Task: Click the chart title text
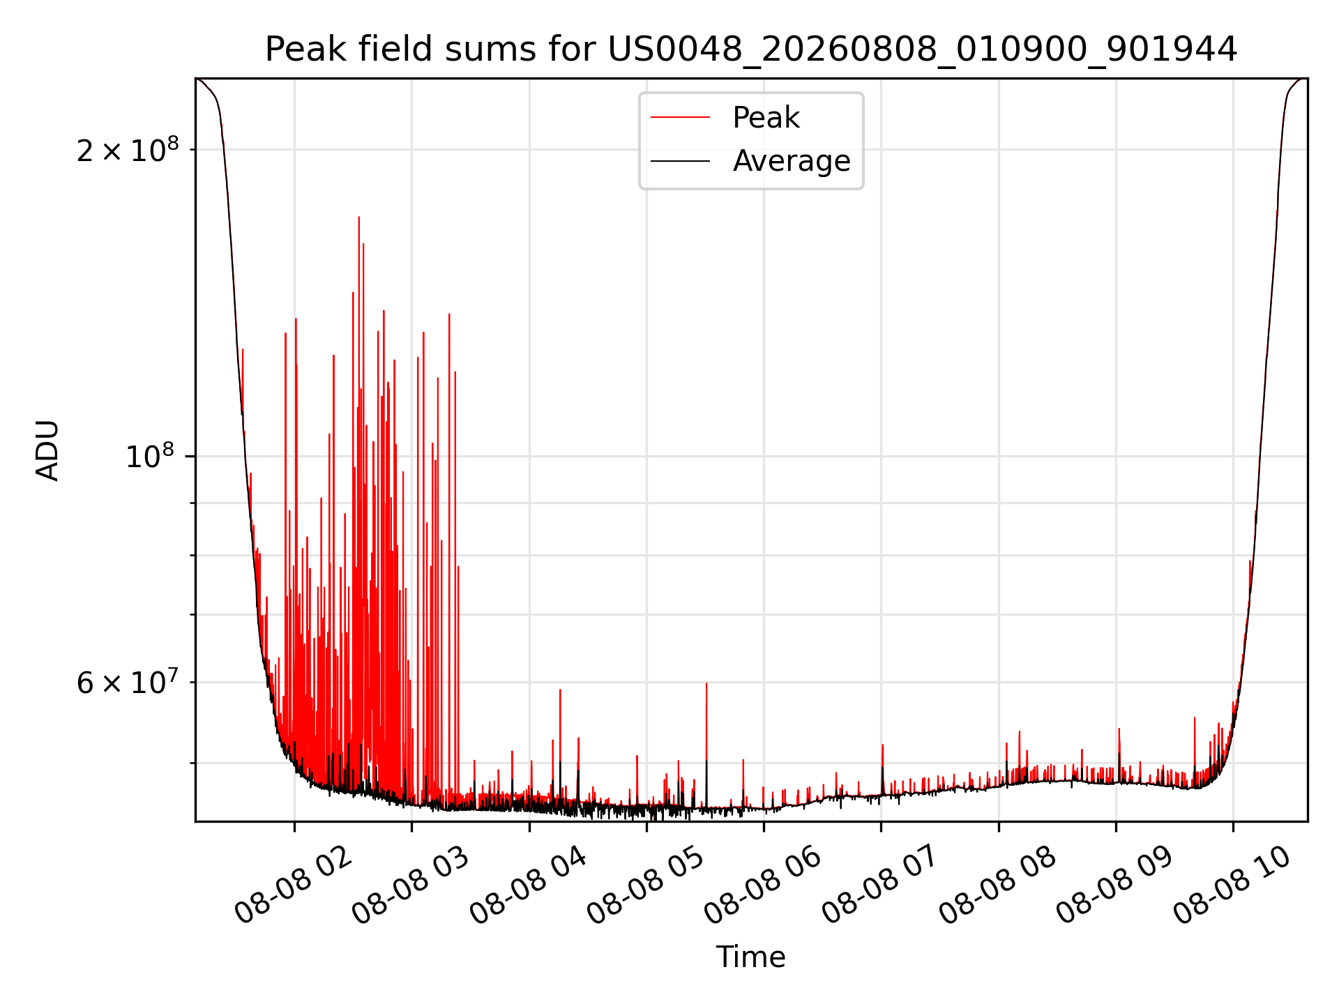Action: click(x=751, y=50)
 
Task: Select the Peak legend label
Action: click(x=766, y=118)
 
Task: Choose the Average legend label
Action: click(x=792, y=161)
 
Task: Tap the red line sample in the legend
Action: click(x=680, y=118)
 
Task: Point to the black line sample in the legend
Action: click(x=680, y=161)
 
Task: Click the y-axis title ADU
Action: click(x=47, y=450)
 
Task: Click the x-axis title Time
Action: click(x=751, y=957)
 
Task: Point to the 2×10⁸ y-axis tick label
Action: click(x=128, y=150)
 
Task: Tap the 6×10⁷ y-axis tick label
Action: click(x=128, y=683)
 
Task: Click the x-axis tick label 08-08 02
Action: click(x=294, y=885)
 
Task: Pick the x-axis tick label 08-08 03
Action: click(x=411, y=885)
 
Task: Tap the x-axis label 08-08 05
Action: click(x=646, y=885)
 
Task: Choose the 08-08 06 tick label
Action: click(x=764, y=885)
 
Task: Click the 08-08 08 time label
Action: click(x=999, y=885)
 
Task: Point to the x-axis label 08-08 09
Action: click(x=1116, y=885)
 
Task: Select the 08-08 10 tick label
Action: click(x=1233, y=885)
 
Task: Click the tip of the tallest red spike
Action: click(x=359, y=217)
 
